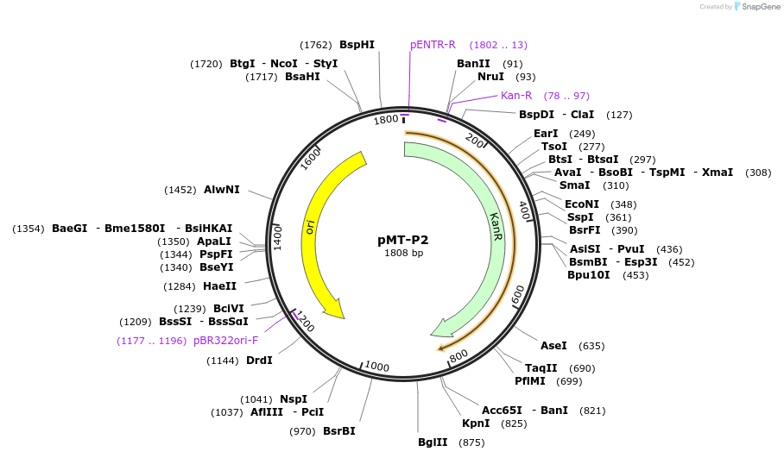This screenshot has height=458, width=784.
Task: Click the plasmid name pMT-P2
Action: point(403,240)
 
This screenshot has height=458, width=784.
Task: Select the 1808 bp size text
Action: point(403,254)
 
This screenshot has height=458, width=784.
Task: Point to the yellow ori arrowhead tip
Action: point(342,316)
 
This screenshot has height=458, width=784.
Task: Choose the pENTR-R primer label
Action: point(433,45)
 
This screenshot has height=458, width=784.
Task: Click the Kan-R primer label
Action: point(516,96)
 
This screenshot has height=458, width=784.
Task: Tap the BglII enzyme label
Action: point(432,442)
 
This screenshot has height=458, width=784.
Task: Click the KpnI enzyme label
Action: point(476,423)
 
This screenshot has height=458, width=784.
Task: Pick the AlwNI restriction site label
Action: point(222,190)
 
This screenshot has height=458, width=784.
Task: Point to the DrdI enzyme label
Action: point(259,361)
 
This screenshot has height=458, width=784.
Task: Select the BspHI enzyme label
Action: point(357,45)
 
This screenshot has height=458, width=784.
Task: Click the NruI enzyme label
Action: point(491,77)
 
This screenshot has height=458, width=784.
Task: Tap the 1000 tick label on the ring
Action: point(376,366)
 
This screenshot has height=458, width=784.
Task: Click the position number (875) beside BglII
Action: point(471,442)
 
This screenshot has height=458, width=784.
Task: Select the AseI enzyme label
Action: point(553,346)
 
